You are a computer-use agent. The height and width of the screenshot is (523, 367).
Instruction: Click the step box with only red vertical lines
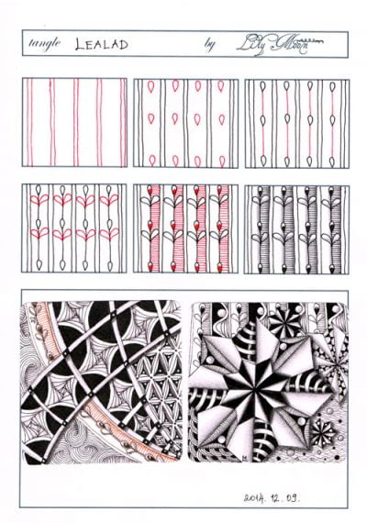click(x=75, y=122)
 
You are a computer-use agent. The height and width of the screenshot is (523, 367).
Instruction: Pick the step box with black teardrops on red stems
click(x=295, y=122)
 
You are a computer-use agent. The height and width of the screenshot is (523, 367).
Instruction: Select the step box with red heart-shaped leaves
click(x=75, y=228)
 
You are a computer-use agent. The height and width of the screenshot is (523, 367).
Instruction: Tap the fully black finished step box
click(x=295, y=228)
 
